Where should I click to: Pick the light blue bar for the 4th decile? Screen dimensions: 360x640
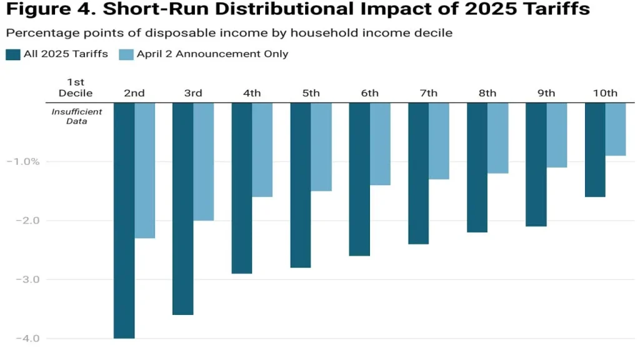click(262, 150)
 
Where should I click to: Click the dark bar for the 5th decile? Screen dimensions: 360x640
click(301, 185)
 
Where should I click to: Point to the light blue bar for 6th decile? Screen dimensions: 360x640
click(380, 144)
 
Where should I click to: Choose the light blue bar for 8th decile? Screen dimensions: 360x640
click(498, 137)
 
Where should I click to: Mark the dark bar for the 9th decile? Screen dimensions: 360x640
click(536, 164)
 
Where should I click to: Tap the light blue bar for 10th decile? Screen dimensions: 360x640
click(616, 129)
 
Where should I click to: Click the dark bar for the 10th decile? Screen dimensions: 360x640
click(595, 149)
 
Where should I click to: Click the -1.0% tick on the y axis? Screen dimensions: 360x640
click(24, 161)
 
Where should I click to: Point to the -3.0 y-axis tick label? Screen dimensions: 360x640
click(24, 279)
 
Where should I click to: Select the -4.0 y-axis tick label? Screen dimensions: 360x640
click(24, 338)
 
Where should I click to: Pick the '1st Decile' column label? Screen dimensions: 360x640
click(76, 87)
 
